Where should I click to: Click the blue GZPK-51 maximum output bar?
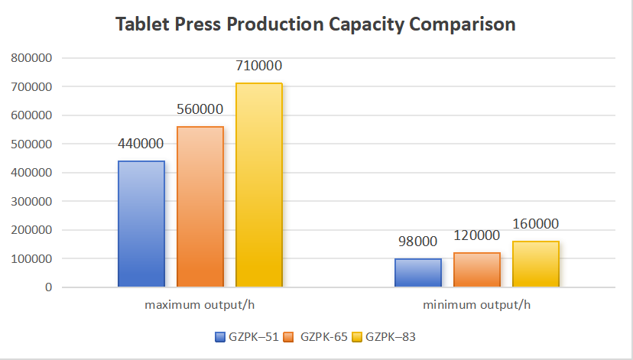coord(141,224)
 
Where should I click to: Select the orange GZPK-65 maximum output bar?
coord(200,206)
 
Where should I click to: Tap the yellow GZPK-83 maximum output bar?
coord(259,185)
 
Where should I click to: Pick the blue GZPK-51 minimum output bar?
coord(418,273)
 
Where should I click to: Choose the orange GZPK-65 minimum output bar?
coord(477,270)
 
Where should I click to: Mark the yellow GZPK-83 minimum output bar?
coord(535,264)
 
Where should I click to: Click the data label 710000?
coord(258,66)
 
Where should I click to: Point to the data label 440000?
coord(141,144)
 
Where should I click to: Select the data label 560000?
coord(200,109)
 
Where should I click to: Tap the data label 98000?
coord(418,242)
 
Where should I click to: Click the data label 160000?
coord(535,224)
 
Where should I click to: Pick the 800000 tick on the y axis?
coord(31,58)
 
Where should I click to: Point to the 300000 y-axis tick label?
coord(31,202)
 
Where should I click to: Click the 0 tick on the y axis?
coord(47,287)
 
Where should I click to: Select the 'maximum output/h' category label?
coord(200,305)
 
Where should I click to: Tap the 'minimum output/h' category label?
coord(476,305)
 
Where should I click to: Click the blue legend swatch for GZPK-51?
coord(220,336)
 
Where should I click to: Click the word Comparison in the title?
coord(462,24)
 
